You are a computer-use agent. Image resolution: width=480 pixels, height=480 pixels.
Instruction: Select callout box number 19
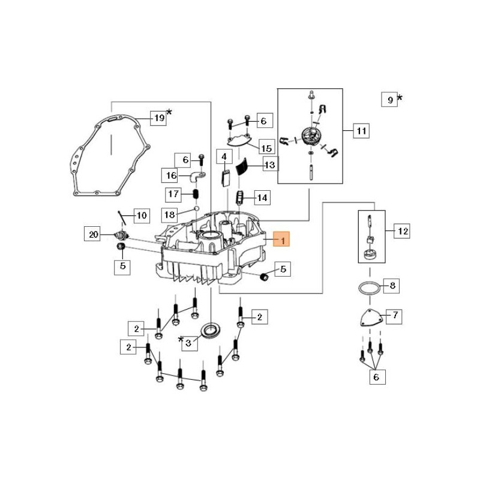tap(158, 118)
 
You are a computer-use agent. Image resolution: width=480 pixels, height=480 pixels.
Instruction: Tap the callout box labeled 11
tap(361, 131)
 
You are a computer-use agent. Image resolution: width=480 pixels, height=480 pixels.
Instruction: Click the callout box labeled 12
tap(403, 230)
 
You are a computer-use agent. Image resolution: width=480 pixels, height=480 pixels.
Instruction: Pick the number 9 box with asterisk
tap(389, 100)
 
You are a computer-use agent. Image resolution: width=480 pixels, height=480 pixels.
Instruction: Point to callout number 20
tap(93, 235)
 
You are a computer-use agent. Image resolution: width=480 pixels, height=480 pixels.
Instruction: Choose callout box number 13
tap(269, 164)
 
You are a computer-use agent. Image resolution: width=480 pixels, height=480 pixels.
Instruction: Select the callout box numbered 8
tap(393, 286)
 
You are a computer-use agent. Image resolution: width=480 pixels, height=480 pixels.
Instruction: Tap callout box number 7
tap(395, 314)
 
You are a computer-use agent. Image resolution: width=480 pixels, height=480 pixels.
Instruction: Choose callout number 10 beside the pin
tap(141, 215)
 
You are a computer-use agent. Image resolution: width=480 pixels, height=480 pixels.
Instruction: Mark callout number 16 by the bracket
tap(170, 175)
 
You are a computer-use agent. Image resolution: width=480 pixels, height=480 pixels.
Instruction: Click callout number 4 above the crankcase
tap(224, 158)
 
